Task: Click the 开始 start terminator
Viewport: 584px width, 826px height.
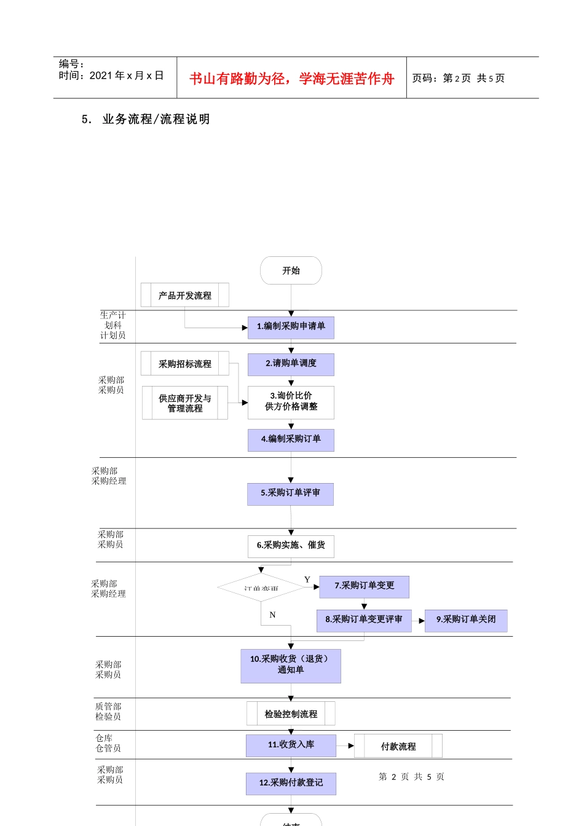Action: coord(291,270)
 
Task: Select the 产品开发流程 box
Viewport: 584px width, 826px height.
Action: coord(185,295)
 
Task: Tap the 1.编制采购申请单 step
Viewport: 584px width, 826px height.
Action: coord(291,327)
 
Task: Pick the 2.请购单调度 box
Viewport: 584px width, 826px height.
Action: coord(291,364)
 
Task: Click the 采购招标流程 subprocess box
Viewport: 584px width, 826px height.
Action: coord(185,364)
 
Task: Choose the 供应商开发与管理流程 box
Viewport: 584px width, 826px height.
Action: coord(185,403)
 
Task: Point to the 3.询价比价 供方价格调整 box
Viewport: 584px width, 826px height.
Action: coord(291,402)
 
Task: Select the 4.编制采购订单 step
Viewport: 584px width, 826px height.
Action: coord(291,439)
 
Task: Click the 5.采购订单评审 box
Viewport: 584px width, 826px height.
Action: coord(290,494)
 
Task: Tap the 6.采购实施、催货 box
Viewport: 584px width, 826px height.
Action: coord(291,546)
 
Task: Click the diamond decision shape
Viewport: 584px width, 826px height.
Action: coord(261,588)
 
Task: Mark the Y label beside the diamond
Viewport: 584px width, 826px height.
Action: coord(307,580)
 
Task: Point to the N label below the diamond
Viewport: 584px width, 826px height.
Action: coord(272,615)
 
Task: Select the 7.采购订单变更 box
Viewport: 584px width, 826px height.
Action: coord(364,586)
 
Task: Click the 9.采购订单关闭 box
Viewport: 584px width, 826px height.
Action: coord(466,620)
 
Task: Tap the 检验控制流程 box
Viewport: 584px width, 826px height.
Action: coord(291,714)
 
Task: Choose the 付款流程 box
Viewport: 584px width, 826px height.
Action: coord(398,746)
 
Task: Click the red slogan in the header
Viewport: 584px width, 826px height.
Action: coord(291,79)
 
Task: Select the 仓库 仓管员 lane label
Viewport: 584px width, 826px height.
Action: coord(108,743)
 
